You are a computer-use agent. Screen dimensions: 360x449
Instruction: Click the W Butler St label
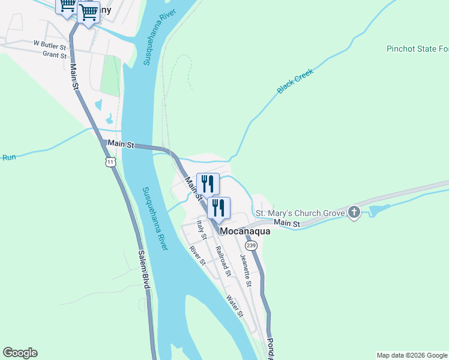pos(49,44)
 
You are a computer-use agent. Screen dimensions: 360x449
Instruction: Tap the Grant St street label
pos(54,55)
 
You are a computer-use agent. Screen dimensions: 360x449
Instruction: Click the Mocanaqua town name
pos(245,230)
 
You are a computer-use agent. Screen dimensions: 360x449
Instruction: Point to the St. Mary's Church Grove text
pos(300,213)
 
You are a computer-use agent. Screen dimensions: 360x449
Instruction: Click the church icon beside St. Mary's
pos(354,212)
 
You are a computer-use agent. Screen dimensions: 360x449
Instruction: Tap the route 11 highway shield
pos(110,162)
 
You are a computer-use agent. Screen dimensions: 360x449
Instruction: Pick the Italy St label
pos(202,230)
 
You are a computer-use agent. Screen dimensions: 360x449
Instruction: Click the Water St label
pos(235,305)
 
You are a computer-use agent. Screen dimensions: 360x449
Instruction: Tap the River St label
pos(197,255)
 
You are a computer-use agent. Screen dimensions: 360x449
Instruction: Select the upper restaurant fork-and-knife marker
pos(208,184)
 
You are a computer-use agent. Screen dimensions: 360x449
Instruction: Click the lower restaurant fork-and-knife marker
pos(218,208)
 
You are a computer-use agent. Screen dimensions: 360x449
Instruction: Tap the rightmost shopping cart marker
pos(88,13)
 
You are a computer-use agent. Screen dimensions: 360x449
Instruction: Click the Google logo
pos(20,353)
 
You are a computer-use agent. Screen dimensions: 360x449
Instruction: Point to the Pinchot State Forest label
pos(417,49)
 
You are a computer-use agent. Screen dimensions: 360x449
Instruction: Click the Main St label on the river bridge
pos(121,145)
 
